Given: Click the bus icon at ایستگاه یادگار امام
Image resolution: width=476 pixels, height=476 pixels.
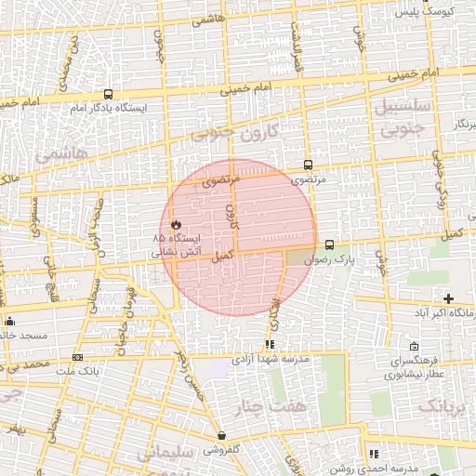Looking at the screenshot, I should (x=109, y=94).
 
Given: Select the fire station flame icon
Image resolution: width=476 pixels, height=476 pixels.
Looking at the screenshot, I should (x=176, y=224).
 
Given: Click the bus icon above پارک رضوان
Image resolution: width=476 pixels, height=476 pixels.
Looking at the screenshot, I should (x=329, y=245).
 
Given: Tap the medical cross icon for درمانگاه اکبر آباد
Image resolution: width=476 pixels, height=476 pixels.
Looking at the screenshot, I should (x=449, y=298).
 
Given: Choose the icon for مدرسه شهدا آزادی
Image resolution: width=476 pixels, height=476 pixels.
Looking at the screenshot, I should (x=270, y=345).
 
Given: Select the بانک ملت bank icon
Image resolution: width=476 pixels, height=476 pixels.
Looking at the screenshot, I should (x=76, y=357).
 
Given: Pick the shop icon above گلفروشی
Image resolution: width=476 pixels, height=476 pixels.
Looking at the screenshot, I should (x=221, y=435).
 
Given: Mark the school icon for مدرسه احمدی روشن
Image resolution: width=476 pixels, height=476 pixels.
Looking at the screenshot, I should (x=373, y=454).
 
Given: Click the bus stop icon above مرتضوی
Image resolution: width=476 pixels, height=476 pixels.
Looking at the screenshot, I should (x=308, y=165).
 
